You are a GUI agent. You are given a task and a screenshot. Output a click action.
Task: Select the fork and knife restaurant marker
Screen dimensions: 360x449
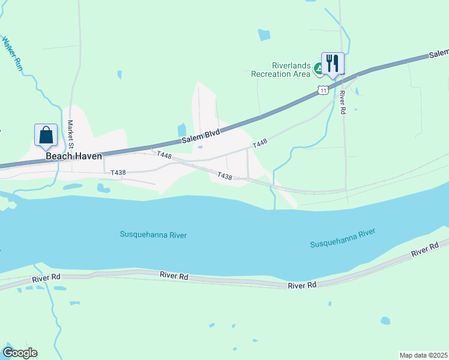tap(333, 63)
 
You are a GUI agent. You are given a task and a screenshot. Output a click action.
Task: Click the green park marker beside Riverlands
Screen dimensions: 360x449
tap(318, 70)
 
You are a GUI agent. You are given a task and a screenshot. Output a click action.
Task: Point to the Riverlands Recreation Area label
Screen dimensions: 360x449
tap(280, 70)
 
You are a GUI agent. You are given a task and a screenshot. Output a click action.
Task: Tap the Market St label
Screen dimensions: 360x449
tap(70, 134)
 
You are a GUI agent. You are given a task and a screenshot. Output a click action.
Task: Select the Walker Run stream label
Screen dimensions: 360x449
tap(12, 55)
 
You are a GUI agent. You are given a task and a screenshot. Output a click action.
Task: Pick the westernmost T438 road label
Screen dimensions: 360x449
tap(118, 173)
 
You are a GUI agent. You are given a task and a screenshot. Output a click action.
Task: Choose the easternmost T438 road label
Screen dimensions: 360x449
tap(224, 176)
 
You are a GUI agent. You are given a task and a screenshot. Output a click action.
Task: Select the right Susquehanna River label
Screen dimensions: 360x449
tap(342, 238)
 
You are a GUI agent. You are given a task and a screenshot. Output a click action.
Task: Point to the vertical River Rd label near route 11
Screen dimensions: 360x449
tap(342, 103)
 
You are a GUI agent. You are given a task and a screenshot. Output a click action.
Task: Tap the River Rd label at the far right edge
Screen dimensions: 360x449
tap(425, 250)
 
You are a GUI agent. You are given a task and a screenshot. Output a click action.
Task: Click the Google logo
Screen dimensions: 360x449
tap(19, 353)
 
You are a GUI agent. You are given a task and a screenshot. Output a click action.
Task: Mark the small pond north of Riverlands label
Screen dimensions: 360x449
tap(264, 35)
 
